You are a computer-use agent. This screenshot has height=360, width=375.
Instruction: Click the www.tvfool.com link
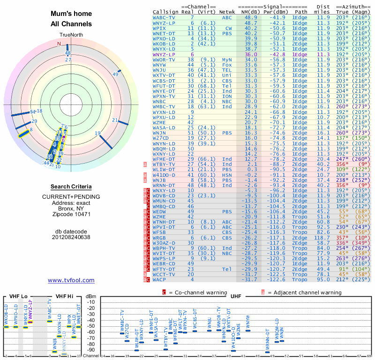click(x=71, y=280)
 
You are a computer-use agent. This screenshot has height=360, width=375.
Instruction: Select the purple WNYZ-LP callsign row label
click(x=164, y=54)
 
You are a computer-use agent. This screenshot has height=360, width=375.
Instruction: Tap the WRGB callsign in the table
click(x=160, y=238)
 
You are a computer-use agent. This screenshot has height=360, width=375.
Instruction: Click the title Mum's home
click(x=71, y=14)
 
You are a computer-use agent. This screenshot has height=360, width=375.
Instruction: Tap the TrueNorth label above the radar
click(x=71, y=35)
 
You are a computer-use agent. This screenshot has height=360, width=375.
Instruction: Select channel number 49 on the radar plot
click(x=115, y=74)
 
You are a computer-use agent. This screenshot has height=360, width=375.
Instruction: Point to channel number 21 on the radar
click(x=115, y=120)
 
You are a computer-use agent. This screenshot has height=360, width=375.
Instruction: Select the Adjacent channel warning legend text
click(x=304, y=292)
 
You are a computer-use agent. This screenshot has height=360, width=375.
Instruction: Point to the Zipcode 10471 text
click(x=71, y=214)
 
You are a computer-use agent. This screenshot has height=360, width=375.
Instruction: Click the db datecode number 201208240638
click(x=71, y=237)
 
